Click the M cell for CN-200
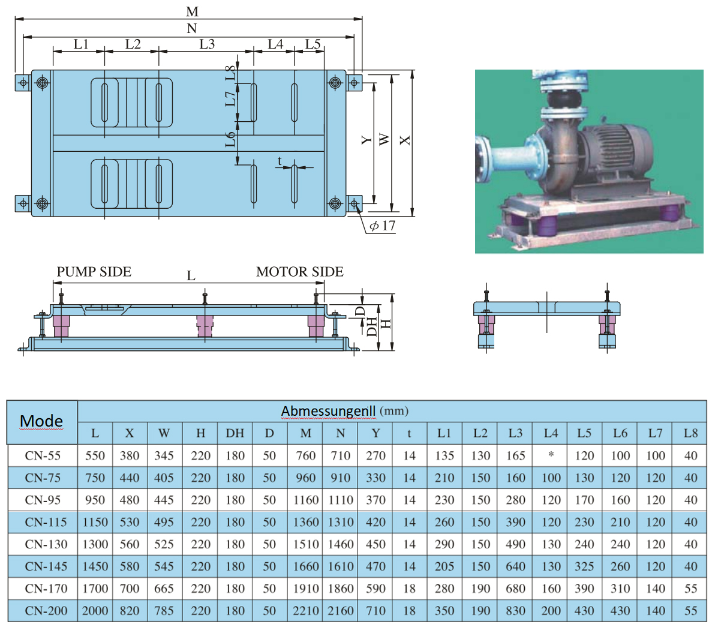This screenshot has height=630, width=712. click(306, 611)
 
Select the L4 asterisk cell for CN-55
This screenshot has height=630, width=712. click(551, 455)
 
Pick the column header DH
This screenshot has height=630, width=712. click(235, 433)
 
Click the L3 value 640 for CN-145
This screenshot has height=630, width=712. click(515, 566)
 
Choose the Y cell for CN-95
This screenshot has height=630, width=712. click(375, 500)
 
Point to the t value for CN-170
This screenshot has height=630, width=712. click(409, 589)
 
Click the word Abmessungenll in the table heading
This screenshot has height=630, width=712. click(328, 411)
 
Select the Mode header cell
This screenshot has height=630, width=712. click(41, 421)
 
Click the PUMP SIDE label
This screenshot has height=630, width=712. click(94, 272)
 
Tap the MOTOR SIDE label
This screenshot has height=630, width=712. click(300, 272)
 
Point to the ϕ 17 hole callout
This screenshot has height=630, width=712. click(382, 226)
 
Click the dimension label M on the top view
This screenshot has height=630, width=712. click(192, 11)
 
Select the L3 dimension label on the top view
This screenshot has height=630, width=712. click(207, 44)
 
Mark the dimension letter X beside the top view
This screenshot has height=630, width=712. click(405, 140)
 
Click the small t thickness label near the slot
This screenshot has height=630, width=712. click(280, 160)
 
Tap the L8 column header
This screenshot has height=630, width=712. click(690, 433)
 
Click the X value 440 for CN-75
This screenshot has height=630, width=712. click(130, 478)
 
